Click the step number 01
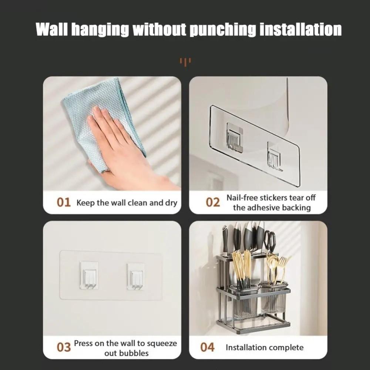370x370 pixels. (x=63, y=203)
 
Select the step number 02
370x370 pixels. (x=213, y=203)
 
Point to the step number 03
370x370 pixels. (x=63, y=347)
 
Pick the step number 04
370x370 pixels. (x=207, y=347)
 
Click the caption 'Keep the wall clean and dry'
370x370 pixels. (x=127, y=203)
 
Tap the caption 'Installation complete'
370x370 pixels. (x=264, y=347)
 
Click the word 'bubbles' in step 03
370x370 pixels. (x=134, y=353)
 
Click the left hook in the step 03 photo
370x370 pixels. (x=89, y=276)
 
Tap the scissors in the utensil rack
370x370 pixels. (x=270, y=240)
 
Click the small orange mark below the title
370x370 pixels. (x=185, y=61)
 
